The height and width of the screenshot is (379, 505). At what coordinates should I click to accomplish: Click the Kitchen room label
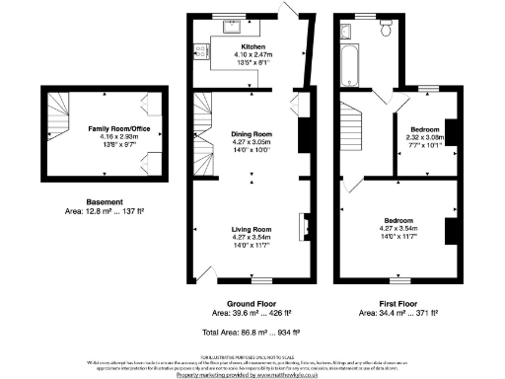click(252, 46)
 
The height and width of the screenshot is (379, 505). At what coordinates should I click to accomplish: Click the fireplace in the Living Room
click(303, 224)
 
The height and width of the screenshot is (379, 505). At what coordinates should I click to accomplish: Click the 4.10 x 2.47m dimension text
click(253, 55)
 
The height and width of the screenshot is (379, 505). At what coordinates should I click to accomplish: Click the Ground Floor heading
click(251, 302)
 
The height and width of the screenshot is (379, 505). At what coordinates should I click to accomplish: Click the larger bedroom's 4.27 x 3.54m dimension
click(399, 228)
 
